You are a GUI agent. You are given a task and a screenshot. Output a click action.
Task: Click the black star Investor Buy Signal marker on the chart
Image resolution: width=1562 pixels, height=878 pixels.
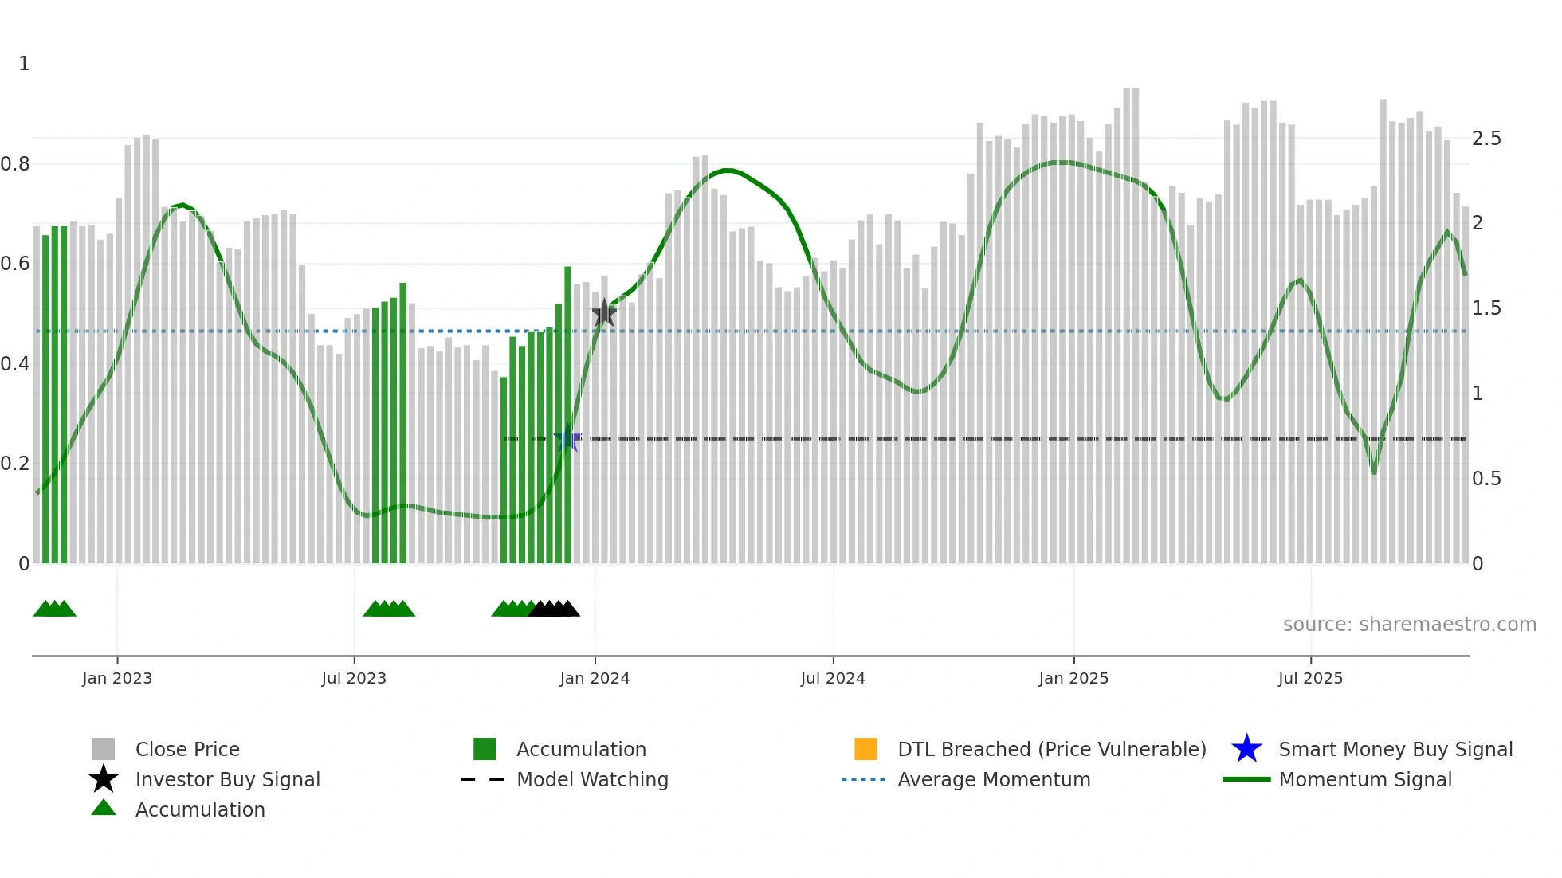coord(604,313)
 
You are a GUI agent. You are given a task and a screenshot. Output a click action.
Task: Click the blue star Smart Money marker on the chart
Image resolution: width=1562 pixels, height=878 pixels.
coord(568,439)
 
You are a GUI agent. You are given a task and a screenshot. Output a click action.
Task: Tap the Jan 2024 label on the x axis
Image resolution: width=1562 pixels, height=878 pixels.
coord(595,678)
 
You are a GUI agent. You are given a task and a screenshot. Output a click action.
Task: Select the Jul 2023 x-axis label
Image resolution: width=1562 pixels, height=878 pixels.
coord(354,678)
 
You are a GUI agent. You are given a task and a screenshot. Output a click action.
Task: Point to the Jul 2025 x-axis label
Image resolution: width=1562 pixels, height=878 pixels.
coord(1310,678)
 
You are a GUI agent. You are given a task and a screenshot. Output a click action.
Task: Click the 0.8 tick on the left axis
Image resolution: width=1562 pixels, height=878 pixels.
coord(15,164)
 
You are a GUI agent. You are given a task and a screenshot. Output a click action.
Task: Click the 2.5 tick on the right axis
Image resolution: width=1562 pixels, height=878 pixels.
coord(1486,139)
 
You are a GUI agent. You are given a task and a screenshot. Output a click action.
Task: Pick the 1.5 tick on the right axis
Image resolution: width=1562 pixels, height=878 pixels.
coord(1486,308)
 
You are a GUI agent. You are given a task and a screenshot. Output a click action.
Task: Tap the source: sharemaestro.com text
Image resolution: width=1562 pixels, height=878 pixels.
coord(1409,625)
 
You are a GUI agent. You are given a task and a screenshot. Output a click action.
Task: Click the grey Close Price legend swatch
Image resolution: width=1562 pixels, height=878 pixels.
coord(104,749)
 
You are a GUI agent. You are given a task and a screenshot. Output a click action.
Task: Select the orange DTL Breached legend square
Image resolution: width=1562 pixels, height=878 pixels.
coord(865,749)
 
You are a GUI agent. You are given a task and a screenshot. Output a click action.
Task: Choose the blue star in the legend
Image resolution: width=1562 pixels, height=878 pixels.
coord(1246,749)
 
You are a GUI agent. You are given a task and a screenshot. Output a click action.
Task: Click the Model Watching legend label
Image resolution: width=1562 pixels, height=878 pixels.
coord(592,779)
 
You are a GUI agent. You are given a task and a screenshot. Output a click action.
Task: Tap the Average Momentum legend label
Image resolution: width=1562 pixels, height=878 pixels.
coord(994,779)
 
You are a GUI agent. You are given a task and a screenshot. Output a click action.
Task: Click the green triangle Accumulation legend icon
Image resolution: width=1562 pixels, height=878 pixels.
coord(104,808)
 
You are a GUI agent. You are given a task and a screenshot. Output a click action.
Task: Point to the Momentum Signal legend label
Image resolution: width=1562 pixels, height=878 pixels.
coord(1365,779)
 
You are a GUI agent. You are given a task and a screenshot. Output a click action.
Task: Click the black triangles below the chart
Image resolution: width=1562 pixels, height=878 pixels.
coord(555,609)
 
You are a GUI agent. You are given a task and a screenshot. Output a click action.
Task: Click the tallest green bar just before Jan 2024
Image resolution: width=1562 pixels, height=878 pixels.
coord(568,414)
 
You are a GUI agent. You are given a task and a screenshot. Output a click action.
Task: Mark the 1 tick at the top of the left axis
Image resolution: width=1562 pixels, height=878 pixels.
coord(24,64)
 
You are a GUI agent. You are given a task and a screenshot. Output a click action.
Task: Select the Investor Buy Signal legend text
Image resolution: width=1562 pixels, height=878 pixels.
coord(228,779)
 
